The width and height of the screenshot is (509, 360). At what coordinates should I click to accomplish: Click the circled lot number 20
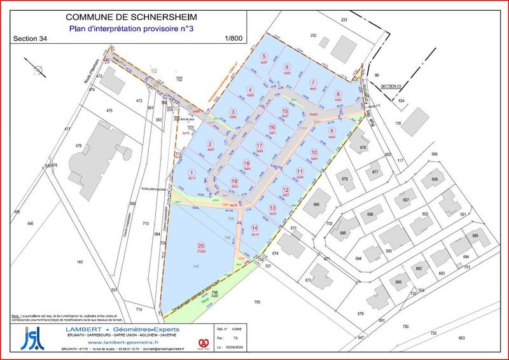pos(201,246)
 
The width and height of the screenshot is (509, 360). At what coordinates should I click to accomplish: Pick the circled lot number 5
pos(263,56)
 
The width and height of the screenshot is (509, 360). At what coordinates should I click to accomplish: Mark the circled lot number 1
pos(191,172)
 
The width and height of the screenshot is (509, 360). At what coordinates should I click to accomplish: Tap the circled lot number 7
pos(313,82)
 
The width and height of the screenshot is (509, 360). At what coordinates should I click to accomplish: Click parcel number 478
pos(79,146)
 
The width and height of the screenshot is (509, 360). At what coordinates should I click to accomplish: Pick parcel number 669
pos(316,204)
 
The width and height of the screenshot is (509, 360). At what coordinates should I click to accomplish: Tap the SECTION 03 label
pos(387,85)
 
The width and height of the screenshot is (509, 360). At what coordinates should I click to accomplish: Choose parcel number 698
pos(435,180)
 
